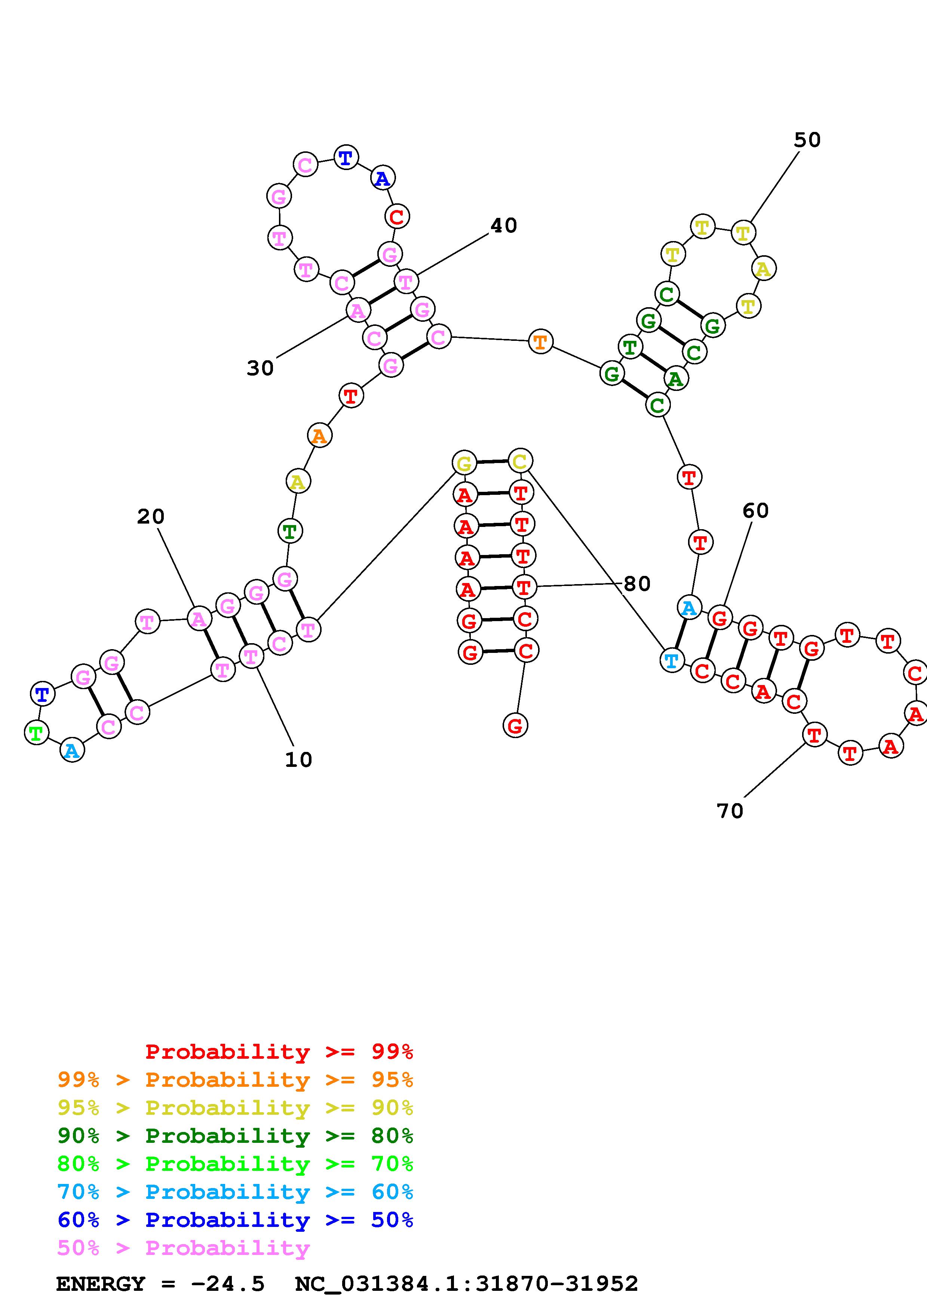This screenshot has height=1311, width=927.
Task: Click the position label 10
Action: click(298, 759)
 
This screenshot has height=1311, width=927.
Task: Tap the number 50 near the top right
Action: click(807, 140)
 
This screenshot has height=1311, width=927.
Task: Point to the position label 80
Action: click(637, 583)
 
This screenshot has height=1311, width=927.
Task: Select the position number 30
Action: click(260, 368)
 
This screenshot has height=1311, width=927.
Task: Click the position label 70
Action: click(730, 811)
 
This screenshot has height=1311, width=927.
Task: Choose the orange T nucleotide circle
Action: click(540, 342)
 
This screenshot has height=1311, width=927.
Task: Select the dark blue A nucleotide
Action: click(383, 179)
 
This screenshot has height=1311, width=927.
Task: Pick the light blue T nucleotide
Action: click(672, 661)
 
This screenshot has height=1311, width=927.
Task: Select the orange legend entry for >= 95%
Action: click(235, 1080)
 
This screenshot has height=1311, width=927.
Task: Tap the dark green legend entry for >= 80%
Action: click(235, 1136)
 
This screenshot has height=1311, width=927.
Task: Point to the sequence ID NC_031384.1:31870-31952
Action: click(466, 1284)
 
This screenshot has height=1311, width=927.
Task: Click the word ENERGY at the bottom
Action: click(101, 1284)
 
